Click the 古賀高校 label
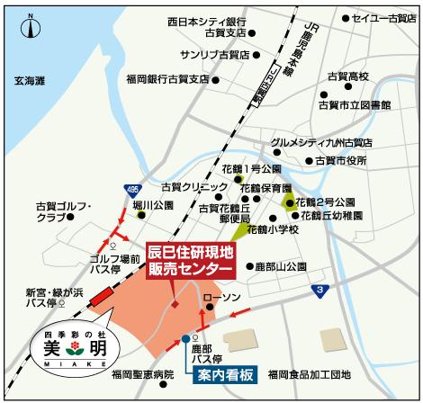(348, 76)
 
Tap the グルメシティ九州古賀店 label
(321, 142)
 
